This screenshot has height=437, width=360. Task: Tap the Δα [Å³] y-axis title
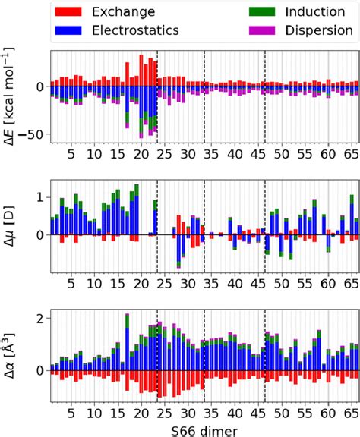[11, 357]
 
